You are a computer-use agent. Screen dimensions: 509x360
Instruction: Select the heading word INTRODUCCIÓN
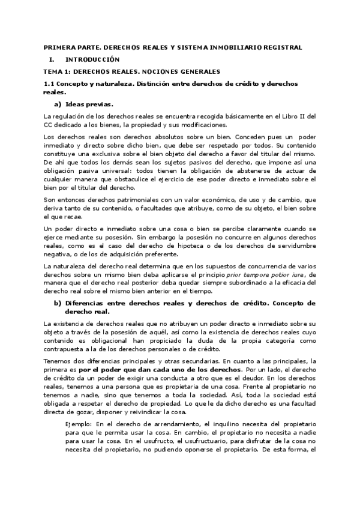tap(92, 59)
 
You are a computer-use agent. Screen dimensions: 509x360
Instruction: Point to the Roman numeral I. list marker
tap(52, 59)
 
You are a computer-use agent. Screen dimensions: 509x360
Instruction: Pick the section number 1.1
tap(50, 83)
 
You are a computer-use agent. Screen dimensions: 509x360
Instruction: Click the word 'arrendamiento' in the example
tap(156, 425)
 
